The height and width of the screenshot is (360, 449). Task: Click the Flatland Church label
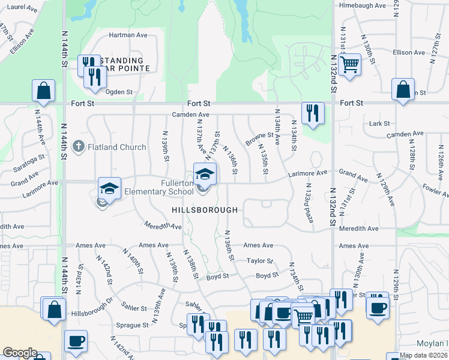pyautogui.click(x=117, y=147)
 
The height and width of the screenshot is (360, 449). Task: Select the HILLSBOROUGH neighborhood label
pyautogui.click(x=205, y=210)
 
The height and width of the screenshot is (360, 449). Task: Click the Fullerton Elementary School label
pyautogui.click(x=178, y=187)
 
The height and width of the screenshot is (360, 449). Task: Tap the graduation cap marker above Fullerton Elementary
pyautogui.click(x=204, y=174)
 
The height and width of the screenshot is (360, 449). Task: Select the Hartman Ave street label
pyautogui.click(x=128, y=35)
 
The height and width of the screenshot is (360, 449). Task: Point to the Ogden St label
pyautogui.click(x=119, y=92)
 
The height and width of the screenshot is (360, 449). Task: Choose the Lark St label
pyautogui.click(x=379, y=124)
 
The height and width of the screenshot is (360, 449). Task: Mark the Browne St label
pyautogui.click(x=259, y=139)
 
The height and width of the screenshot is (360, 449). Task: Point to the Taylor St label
pyautogui.click(x=260, y=261)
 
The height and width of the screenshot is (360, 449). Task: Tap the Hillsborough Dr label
pyautogui.click(x=92, y=302)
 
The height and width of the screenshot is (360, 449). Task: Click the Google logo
pyautogui.click(x=20, y=353)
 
